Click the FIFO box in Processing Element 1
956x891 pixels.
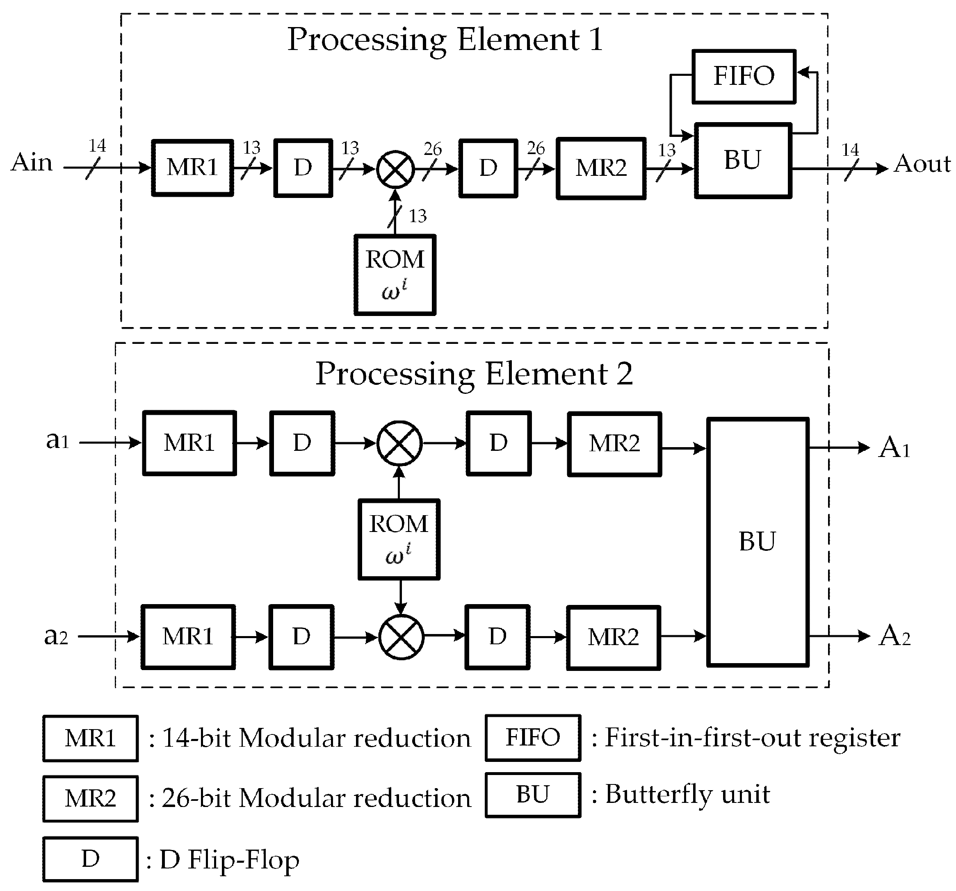click(x=744, y=76)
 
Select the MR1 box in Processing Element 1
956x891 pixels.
click(x=192, y=168)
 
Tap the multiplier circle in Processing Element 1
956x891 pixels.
click(x=395, y=169)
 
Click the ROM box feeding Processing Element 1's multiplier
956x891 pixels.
click(x=395, y=275)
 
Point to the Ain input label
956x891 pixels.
click(x=32, y=162)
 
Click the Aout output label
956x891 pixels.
click(x=922, y=164)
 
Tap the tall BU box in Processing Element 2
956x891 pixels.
click(x=757, y=542)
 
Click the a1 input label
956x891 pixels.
click(x=57, y=440)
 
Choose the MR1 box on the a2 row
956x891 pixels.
click(x=188, y=637)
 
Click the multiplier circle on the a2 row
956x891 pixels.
click(x=401, y=637)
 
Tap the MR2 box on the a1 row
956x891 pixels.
click(x=614, y=444)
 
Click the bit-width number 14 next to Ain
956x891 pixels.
click(x=97, y=145)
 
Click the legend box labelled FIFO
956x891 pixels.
click(x=533, y=738)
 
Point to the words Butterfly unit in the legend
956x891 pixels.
click(x=687, y=794)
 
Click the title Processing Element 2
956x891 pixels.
click(x=474, y=374)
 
